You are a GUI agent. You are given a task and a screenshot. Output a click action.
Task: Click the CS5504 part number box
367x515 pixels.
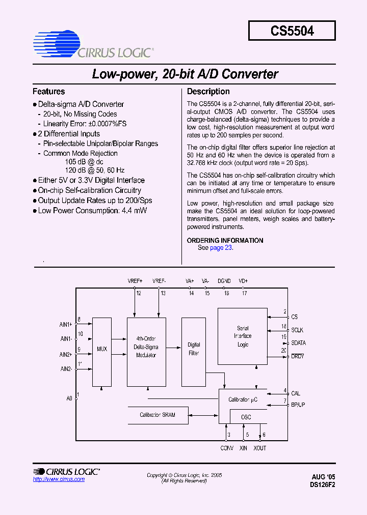[292, 30]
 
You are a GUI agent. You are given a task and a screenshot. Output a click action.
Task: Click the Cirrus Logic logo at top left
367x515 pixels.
[92, 45]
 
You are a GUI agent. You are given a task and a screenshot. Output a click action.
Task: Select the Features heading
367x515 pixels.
[48, 92]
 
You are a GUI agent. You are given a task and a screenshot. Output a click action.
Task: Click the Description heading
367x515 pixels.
[208, 92]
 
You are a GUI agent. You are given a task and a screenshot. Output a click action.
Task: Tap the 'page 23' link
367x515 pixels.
[221, 248]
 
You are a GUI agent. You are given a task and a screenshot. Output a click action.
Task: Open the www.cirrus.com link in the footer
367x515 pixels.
[59, 479]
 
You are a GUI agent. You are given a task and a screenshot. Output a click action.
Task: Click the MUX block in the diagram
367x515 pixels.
[102, 349]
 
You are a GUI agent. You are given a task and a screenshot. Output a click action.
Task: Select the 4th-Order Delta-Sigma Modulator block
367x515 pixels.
[146, 347]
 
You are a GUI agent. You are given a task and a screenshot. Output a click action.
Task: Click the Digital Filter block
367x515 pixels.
[194, 349]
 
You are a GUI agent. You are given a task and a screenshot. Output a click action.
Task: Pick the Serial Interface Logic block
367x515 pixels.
[243, 336]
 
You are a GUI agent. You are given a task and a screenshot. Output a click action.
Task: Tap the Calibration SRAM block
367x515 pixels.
[158, 415]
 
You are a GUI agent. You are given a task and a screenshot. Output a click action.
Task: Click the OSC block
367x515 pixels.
[246, 417]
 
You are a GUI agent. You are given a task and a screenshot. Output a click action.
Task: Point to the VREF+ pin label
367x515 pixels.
[135, 281]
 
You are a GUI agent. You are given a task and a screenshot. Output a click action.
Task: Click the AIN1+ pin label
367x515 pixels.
[66, 324]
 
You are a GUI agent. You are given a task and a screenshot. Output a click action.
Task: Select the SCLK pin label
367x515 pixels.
[298, 330]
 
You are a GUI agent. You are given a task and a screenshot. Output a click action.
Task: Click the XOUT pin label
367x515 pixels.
[259, 448]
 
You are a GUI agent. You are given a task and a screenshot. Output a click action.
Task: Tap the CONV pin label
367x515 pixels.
[227, 448]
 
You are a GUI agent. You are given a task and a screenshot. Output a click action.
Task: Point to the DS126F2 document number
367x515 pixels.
[322, 485]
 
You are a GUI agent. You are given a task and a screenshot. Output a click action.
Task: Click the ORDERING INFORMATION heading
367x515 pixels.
[225, 240]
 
